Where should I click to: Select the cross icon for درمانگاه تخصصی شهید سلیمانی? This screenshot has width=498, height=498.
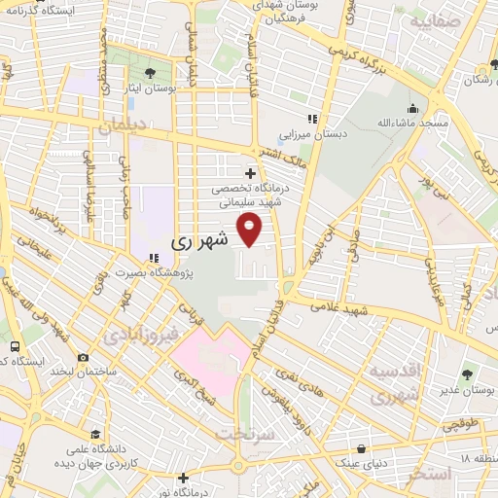250,174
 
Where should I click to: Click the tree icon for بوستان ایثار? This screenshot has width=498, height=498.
149,73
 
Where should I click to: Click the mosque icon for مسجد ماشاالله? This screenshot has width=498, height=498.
413,108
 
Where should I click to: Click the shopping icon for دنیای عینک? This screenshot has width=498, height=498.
363,449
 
